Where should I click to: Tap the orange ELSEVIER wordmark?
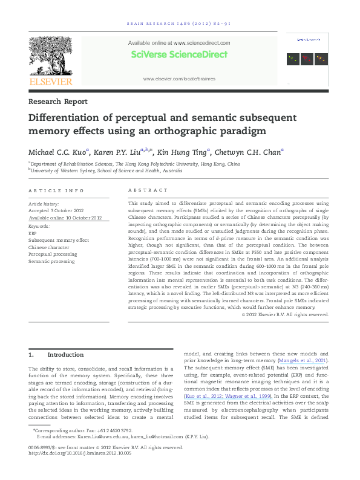point(51,81)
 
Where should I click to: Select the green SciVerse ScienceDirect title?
point(179,54)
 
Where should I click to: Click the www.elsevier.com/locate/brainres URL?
point(179,79)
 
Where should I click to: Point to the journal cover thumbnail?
point(307,53)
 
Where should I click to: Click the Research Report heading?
point(58,102)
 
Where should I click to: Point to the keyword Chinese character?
point(49,247)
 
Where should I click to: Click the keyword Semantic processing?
point(51,262)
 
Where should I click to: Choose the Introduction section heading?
point(66,355)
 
